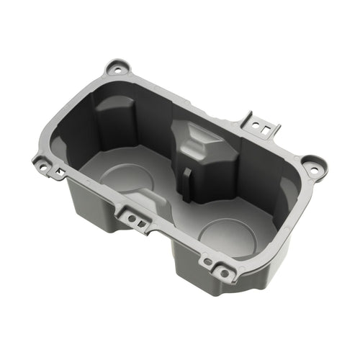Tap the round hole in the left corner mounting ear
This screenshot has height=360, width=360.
coord(43,166)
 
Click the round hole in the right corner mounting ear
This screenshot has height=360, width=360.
coord(313,167)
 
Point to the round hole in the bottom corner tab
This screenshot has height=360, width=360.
coord(224,273)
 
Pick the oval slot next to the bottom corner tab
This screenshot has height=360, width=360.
coord(208,262)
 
